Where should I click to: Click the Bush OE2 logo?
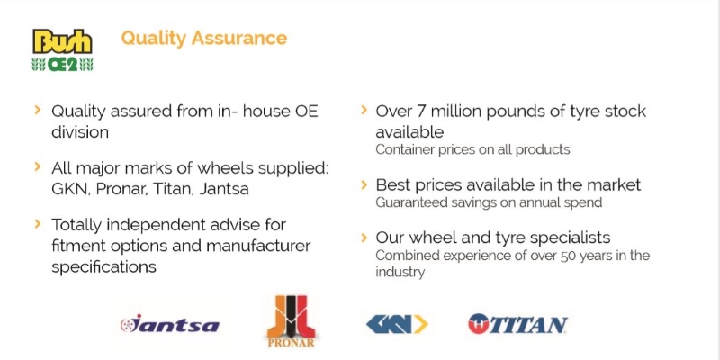tap(62, 50)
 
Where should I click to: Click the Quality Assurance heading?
tap(204, 38)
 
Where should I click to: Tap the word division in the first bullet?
tap(80, 131)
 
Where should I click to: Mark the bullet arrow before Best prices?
tap(364, 184)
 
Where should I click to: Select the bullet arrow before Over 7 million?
tap(364, 110)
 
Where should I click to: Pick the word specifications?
tap(103, 266)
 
